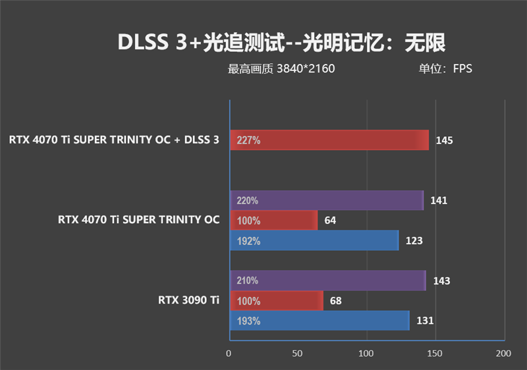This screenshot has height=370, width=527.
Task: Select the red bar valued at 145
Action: [x=329, y=140]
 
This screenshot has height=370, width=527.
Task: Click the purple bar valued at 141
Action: [x=326, y=200]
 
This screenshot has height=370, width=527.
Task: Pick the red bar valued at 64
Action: [x=273, y=221]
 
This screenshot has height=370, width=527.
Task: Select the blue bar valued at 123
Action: [x=314, y=241]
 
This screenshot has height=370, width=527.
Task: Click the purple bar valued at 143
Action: [x=327, y=280]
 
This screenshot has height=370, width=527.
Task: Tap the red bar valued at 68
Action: [x=276, y=301]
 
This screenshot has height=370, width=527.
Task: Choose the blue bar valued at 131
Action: [x=319, y=321]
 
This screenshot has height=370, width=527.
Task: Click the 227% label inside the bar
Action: [x=248, y=140]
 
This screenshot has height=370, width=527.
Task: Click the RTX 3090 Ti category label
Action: [x=188, y=301]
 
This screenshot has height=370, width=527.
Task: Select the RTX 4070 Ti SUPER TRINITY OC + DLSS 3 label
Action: [x=114, y=140]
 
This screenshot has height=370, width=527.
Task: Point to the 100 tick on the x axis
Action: [x=366, y=354]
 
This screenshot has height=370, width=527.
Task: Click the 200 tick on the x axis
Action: [x=503, y=354]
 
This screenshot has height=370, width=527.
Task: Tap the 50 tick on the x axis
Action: [x=298, y=354]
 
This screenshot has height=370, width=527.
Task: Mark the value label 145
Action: [x=444, y=140]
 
